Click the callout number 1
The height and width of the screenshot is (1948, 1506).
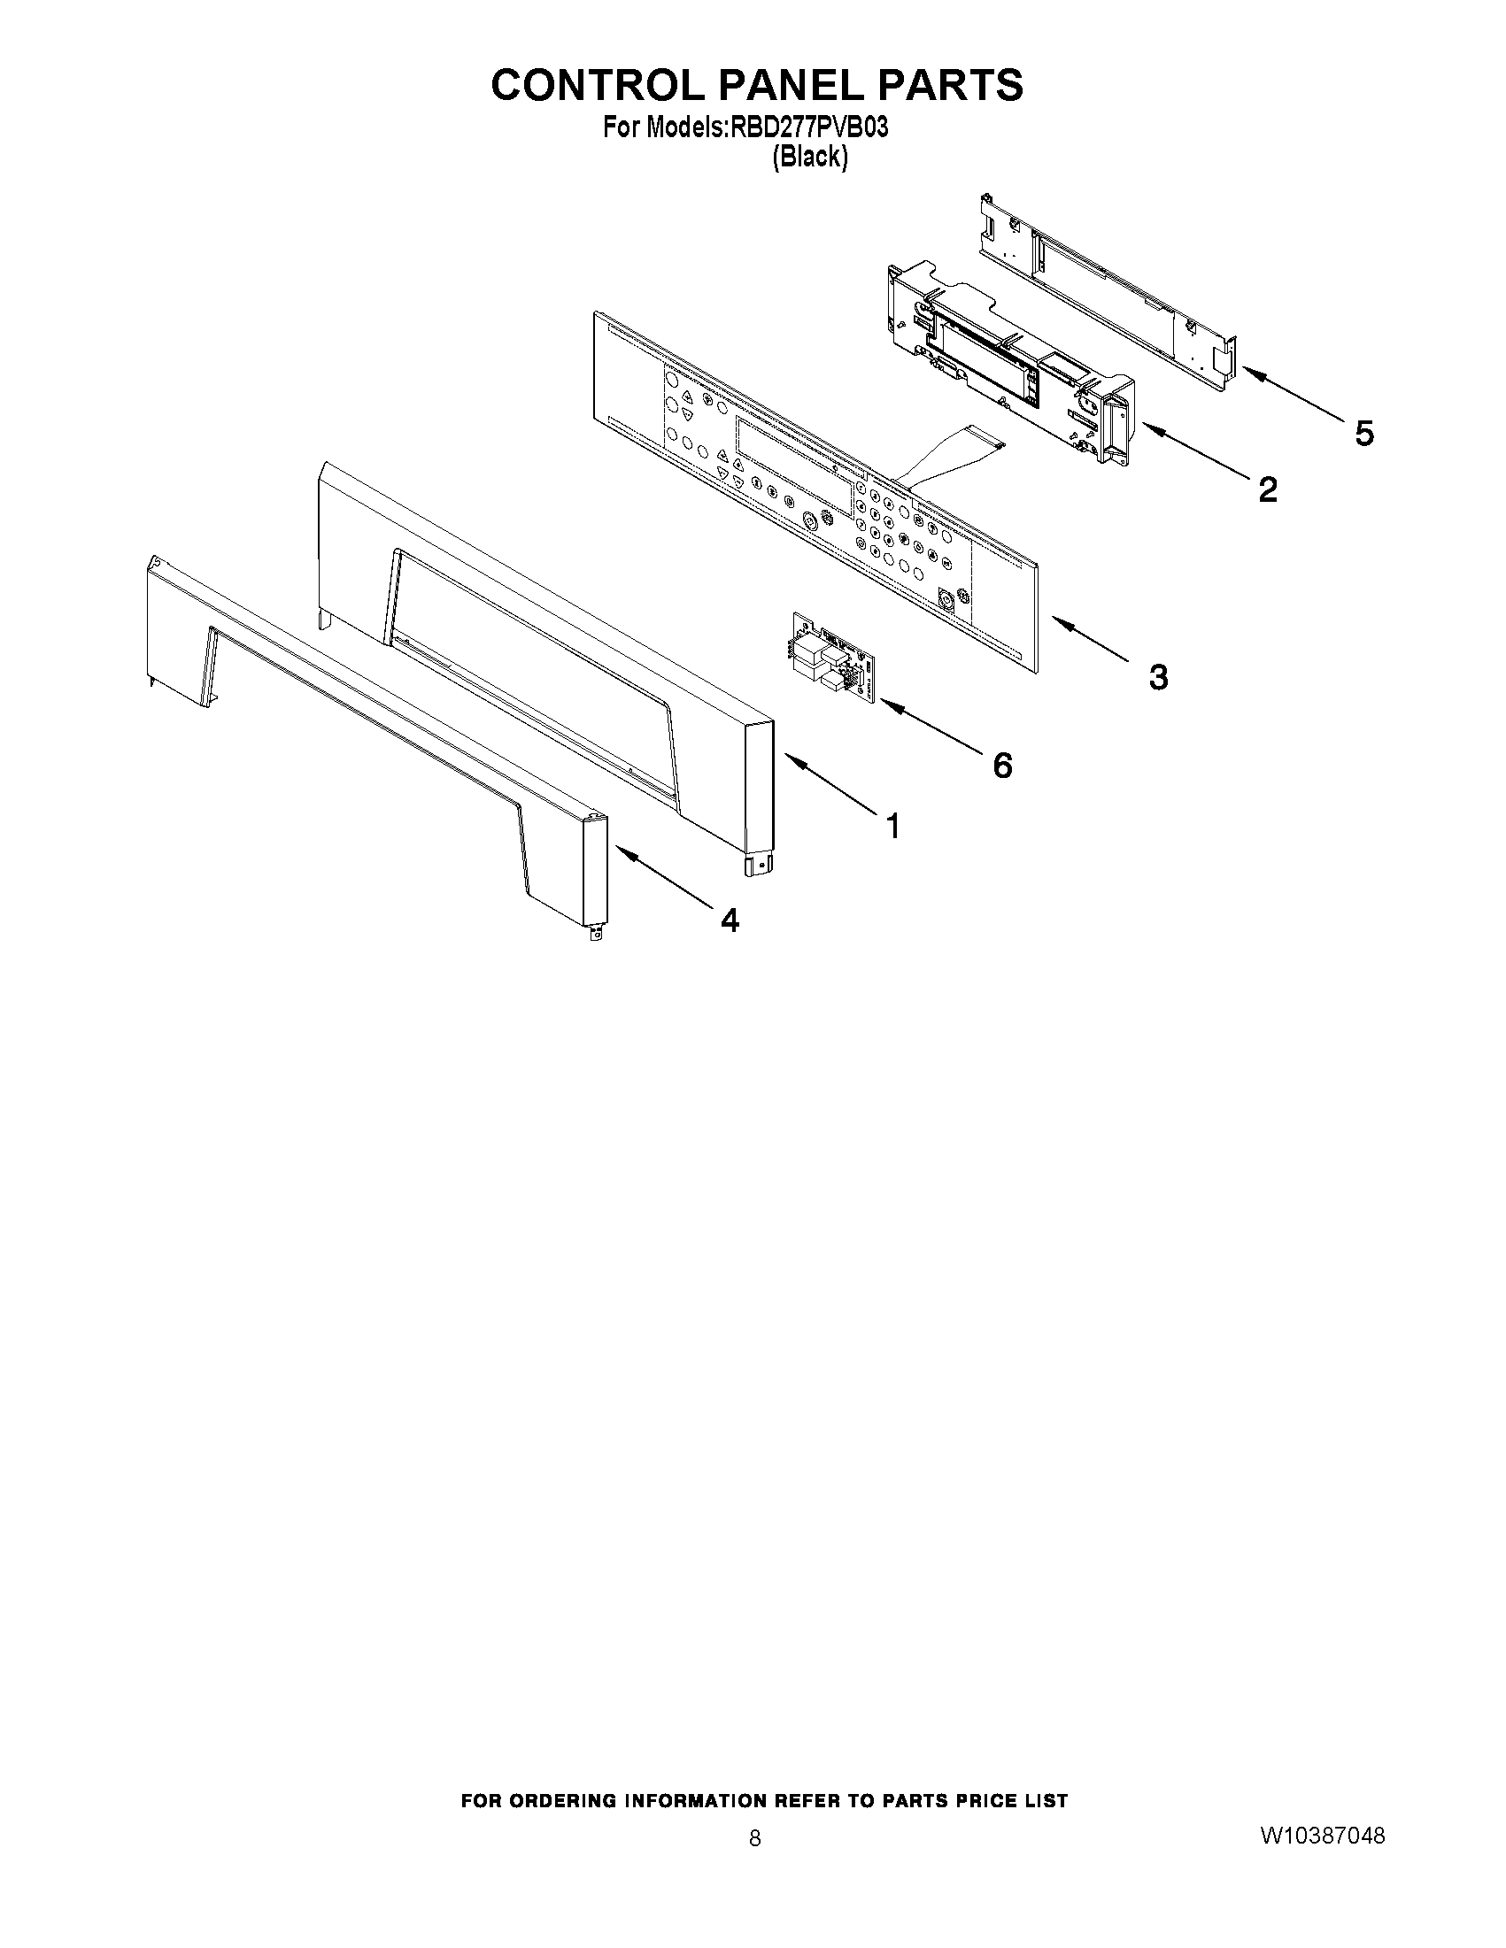click(x=892, y=826)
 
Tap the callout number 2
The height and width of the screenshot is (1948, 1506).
click(x=1267, y=489)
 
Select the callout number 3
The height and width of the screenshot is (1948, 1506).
click(x=1157, y=678)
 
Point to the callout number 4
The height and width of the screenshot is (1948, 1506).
click(x=730, y=920)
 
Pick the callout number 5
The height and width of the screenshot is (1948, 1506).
click(x=1364, y=434)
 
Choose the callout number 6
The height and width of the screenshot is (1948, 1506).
click(x=1003, y=765)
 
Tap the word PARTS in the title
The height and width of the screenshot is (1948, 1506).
click(x=950, y=85)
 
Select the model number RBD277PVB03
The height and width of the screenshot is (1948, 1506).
click(x=809, y=128)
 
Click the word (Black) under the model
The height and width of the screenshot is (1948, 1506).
click(x=809, y=158)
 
